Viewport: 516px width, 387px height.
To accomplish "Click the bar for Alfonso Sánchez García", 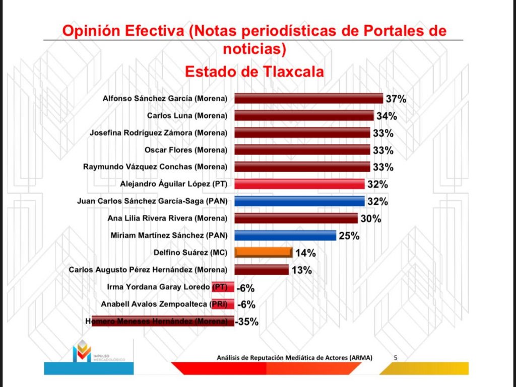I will [x=308, y=98].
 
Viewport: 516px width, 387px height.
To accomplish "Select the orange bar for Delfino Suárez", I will [x=263, y=252].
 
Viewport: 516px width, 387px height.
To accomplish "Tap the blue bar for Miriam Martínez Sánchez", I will [x=285, y=235].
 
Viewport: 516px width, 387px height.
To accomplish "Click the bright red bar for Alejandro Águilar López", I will [x=299, y=184].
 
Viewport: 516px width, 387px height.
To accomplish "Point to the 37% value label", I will [x=396, y=99].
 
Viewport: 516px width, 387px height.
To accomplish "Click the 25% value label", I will [x=349, y=236].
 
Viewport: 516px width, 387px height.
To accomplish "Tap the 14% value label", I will [x=305, y=253].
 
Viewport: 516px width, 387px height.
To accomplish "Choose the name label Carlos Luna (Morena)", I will [x=187, y=116].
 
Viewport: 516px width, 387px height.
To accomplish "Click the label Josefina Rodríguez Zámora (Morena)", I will [x=158, y=133].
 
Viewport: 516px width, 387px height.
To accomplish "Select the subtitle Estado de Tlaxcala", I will [x=254, y=71].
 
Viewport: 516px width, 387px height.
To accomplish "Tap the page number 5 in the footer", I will [x=396, y=358].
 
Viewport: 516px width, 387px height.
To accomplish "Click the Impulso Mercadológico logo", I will [x=83, y=351].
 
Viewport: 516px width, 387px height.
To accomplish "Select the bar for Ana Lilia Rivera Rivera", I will [x=296, y=218].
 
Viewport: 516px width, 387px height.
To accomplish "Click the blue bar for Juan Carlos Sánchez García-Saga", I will [x=299, y=201].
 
